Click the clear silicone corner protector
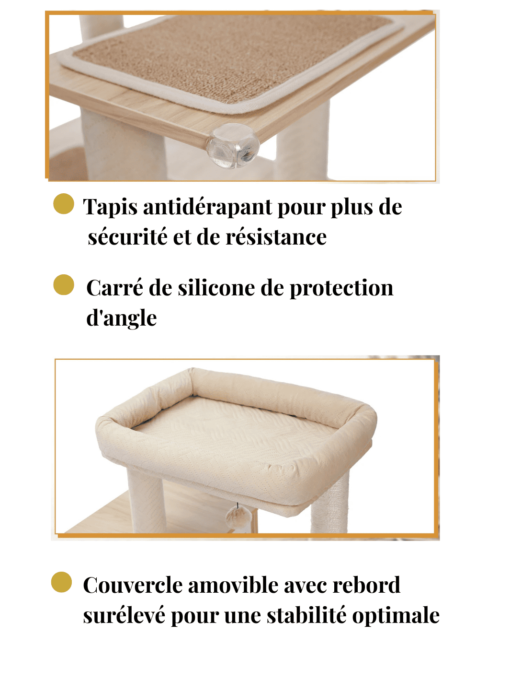pos(233,145)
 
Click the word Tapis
pos(110,207)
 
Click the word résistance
pos(276,237)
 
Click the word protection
pos(341,289)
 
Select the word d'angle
pos(121,318)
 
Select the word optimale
pos(396,616)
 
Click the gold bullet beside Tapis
pos(64,204)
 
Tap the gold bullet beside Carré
pos(64,284)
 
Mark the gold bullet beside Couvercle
pos(61,582)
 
